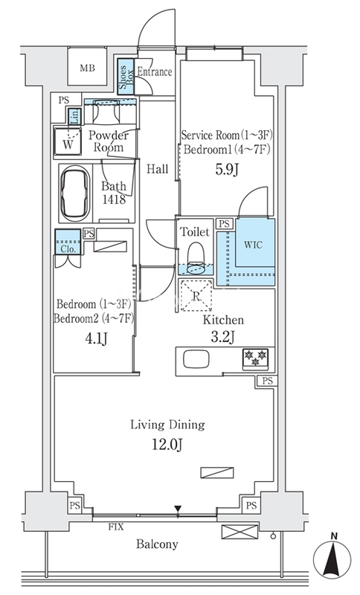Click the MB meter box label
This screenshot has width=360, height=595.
click(x=87, y=68)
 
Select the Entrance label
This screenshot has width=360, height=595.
click(x=155, y=71)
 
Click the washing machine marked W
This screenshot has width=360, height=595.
click(x=68, y=142)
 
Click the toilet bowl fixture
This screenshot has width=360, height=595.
click(x=196, y=257)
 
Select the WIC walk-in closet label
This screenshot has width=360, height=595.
click(x=253, y=245)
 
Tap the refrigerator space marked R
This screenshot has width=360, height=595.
click(x=196, y=296)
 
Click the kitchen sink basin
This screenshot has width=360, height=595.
click(x=196, y=359)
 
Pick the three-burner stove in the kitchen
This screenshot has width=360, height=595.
click(x=256, y=358)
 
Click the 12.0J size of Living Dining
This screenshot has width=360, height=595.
click(x=167, y=444)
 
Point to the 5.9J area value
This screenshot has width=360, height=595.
click(x=226, y=170)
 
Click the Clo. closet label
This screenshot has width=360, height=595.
click(x=68, y=249)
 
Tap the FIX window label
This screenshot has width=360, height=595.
click(x=116, y=527)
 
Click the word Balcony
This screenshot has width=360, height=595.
click(x=157, y=544)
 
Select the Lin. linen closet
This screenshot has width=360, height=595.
click(x=74, y=116)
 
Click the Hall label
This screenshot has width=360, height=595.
click(x=158, y=169)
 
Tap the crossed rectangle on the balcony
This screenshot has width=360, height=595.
click(x=240, y=531)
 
